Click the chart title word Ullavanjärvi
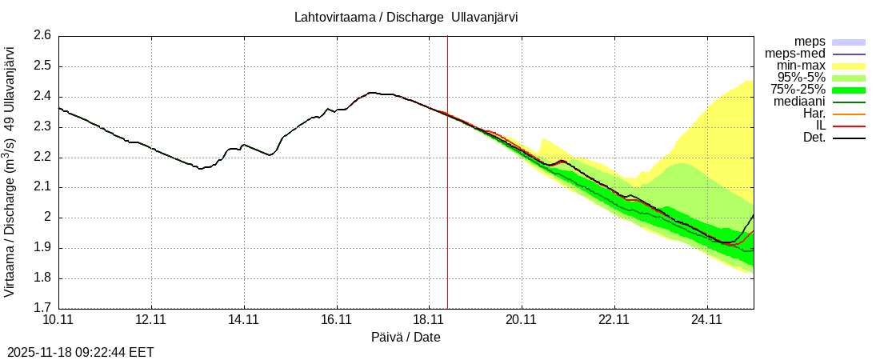485,17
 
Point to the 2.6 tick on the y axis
42,36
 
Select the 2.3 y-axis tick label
42,127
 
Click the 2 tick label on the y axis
47,218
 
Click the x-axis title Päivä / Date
406,337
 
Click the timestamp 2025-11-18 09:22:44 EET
81,352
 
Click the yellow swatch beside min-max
849,66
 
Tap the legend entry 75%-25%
798,90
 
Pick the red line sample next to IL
849,126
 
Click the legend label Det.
813,138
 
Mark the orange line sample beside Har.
849,114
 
